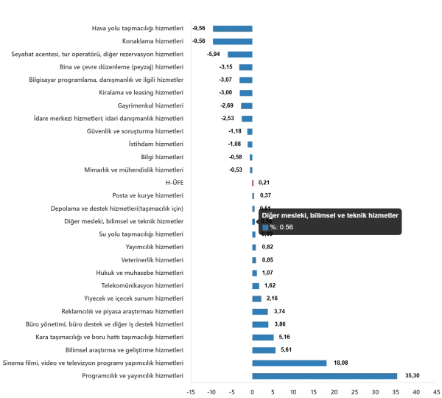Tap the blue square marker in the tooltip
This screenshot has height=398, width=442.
click(265, 227)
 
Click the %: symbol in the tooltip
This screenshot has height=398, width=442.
click(273, 227)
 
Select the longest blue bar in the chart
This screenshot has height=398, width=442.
click(326, 376)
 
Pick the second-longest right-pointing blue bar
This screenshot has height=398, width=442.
click(290, 364)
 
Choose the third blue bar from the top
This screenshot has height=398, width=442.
click(239, 54)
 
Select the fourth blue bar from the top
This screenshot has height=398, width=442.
click(245, 66)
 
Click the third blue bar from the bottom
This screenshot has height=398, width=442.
click(264, 349)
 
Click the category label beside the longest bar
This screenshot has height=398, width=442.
click(133, 377)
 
